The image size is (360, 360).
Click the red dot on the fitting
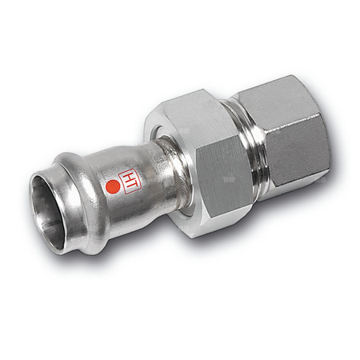113,188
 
